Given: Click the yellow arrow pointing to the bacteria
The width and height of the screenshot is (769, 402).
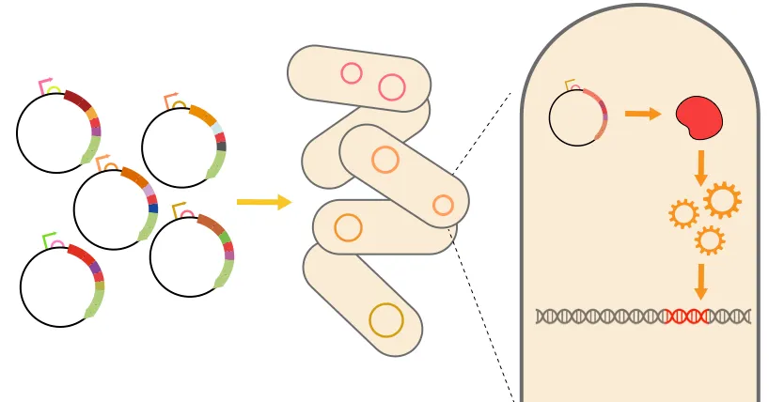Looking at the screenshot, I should [x=263, y=202].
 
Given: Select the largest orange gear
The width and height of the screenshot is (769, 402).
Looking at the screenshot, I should [x=722, y=199].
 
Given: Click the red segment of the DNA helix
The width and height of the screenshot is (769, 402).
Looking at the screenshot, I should [x=683, y=316].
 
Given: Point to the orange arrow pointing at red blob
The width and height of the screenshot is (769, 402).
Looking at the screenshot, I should [x=644, y=114].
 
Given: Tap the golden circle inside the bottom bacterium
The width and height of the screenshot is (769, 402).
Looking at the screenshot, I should [x=386, y=320].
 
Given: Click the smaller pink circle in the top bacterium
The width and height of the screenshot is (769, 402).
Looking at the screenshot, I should [x=351, y=72].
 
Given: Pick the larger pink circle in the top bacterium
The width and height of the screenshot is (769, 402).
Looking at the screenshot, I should [x=392, y=87].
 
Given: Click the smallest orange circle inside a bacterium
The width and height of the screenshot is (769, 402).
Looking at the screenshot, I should [x=442, y=204].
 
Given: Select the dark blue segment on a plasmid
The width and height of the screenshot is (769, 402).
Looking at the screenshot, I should [x=153, y=208].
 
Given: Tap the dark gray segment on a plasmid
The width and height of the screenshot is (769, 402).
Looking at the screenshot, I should [x=221, y=147].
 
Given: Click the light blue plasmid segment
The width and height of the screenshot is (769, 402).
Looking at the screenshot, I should [x=217, y=129].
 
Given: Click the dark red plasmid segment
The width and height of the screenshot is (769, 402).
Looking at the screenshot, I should [x=78, y=100].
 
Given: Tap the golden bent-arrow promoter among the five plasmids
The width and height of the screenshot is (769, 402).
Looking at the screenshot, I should [x=179, y=208].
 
